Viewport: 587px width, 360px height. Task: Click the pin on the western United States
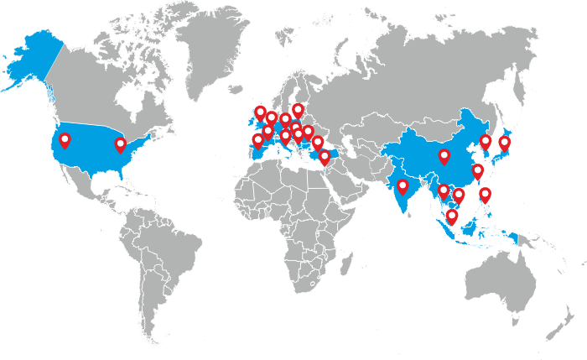(65, 140)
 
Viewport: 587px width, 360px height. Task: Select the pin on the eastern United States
(121, 144)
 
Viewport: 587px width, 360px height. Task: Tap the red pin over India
(403, 185)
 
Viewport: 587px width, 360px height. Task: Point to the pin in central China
(444, 156)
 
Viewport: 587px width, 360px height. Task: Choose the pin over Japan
(505, 143)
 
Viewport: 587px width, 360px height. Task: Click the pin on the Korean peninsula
(486, 142)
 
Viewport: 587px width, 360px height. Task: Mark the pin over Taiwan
(478, 171)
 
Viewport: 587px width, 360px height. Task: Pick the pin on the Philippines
(486, 195)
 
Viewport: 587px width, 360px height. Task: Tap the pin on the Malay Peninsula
(452, 217)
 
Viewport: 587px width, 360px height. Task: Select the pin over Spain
(257, 141)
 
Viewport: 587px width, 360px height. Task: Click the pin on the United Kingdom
(260, 112)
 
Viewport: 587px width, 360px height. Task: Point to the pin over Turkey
(318, 143)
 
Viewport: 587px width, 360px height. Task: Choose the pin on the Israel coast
(325, 157)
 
